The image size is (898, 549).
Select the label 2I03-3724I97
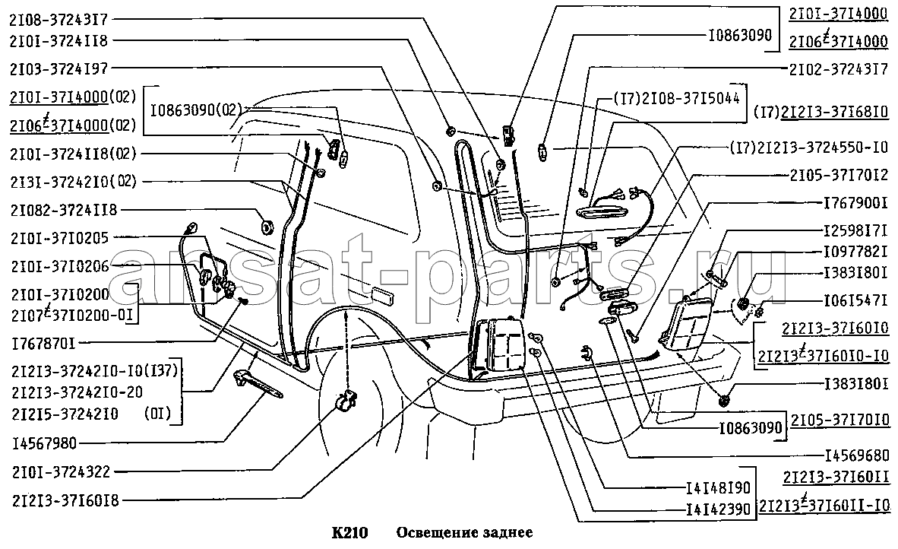point(58,69)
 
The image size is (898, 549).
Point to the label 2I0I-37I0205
point(58,239)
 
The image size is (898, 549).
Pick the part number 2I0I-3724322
point(58,472)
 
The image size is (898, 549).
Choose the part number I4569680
point(855,456)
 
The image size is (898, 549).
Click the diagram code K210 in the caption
point(350,532)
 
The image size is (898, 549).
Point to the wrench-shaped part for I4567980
point(258,384)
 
